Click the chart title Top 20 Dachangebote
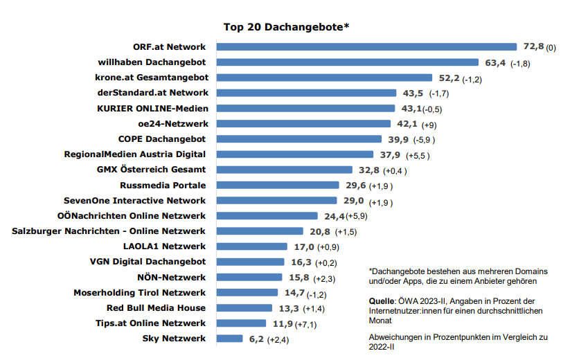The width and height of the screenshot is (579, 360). (x=286, y=27)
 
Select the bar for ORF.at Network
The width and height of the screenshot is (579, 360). (x=367, y=47)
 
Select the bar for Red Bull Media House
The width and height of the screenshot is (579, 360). (x=244, y=308)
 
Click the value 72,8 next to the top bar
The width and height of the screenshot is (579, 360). (x=532, y=47)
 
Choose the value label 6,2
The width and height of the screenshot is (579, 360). (x=256, y=339)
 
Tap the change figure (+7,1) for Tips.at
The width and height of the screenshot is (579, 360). (x=307, y=324)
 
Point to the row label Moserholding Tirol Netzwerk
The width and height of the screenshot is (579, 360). (x=140, y=293)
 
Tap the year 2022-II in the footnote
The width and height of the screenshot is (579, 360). (x=382, y=348)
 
